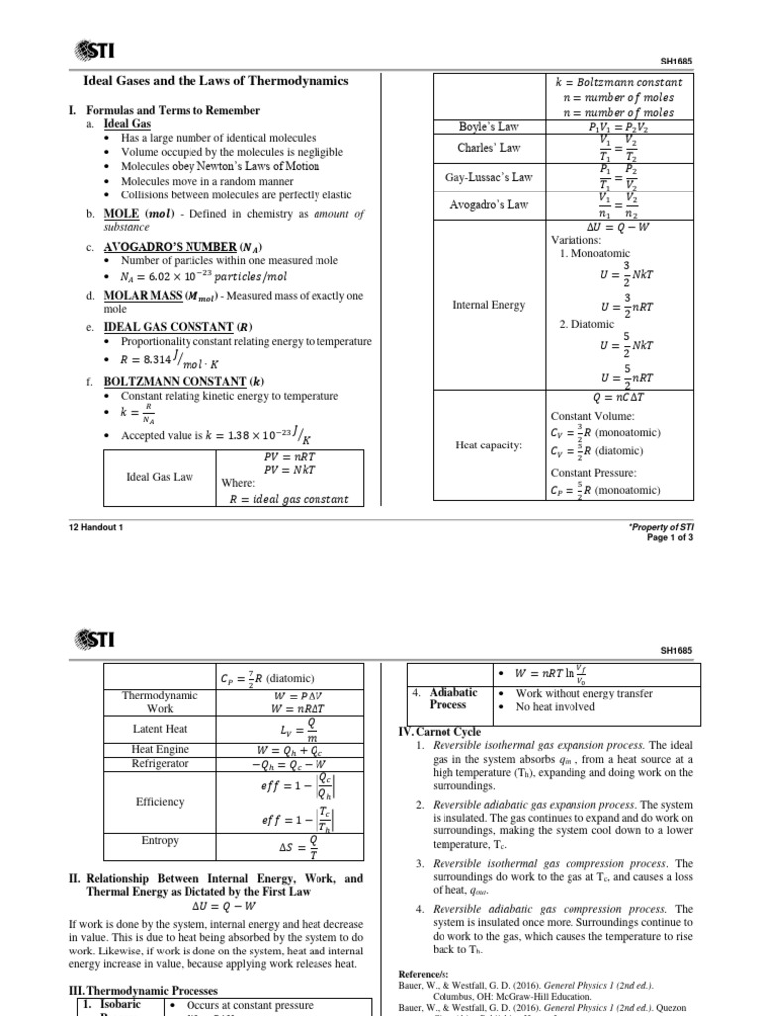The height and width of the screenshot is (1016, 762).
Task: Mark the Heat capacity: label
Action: (488, 445)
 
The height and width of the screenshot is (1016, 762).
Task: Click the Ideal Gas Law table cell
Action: (160, 477)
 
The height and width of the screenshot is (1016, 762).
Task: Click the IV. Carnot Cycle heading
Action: (440, 731)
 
